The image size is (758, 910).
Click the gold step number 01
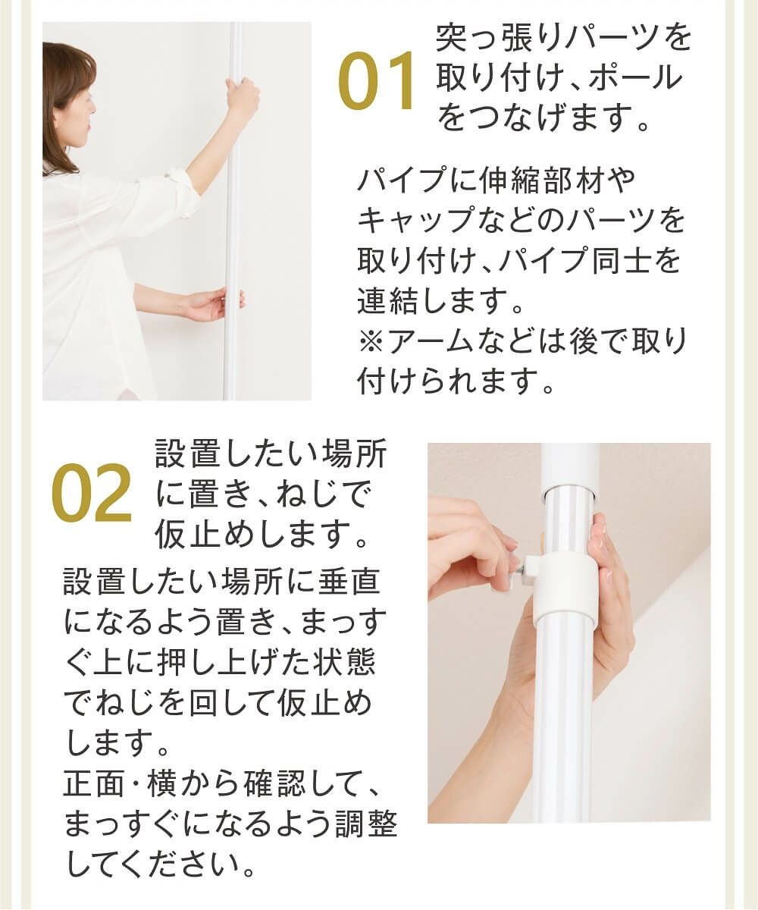(377, 81)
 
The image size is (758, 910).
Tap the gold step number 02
(91, 494)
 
